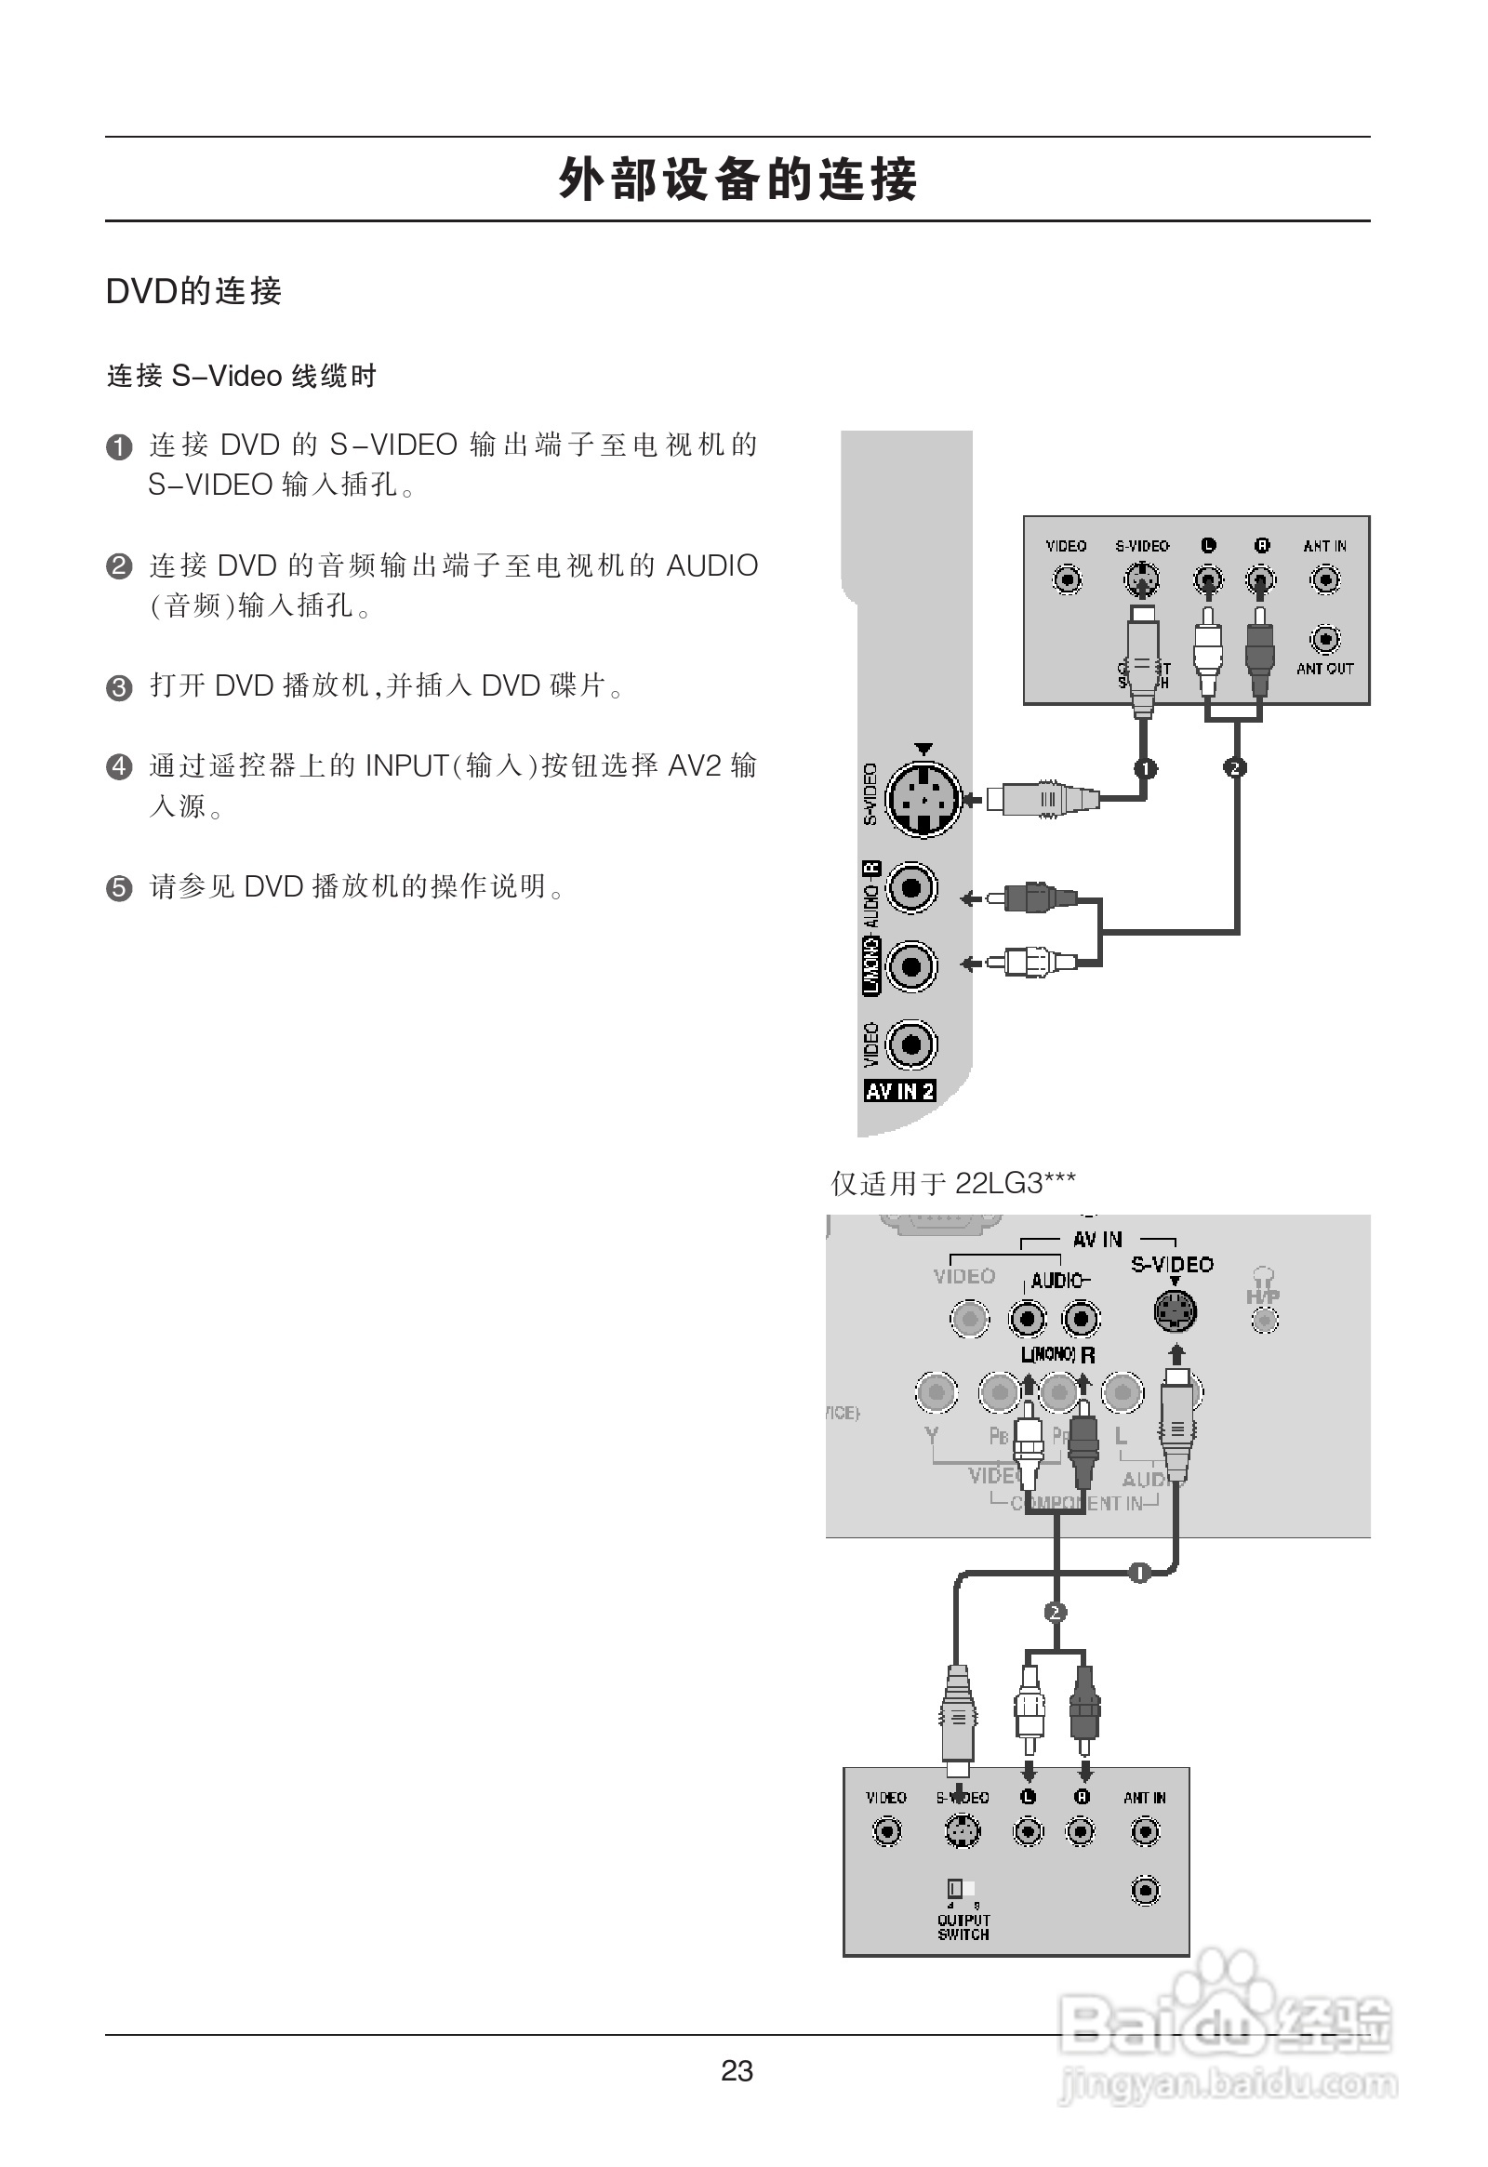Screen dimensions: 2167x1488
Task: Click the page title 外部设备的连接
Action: click(737, 179)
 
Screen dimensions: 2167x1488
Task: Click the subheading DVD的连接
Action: click(194, 291)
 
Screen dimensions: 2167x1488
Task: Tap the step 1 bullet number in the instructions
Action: click(119, 447)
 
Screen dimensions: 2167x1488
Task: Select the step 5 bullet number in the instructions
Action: click(119, 887)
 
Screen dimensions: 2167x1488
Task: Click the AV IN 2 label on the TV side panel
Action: click(899, 1091)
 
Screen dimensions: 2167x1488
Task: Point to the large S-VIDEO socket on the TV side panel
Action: click(923, 798)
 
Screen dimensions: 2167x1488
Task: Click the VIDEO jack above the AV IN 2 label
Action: click(910, 1044)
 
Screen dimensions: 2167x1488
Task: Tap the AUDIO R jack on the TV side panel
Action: click(910, 886)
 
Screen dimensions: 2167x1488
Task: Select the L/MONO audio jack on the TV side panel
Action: click(910, 966)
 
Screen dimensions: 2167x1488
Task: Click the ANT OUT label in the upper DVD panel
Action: click(1324, 669)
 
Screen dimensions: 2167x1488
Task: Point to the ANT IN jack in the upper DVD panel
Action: click(1325, 580)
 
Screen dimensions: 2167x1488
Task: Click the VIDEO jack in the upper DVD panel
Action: click(1067, 580)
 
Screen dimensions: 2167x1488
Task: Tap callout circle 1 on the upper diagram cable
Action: click(1145, 768)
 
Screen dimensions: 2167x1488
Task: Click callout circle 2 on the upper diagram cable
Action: click(1235, 767)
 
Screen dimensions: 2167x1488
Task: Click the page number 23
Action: click(737, 2071)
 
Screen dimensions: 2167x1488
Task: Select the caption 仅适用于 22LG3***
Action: click(953, 1183)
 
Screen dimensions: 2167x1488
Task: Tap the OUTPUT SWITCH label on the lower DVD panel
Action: click(963, 1927)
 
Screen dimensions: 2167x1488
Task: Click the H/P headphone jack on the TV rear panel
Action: click(1264, 1320)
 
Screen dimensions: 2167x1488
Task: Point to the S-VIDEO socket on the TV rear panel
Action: click(1175, 1313)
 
